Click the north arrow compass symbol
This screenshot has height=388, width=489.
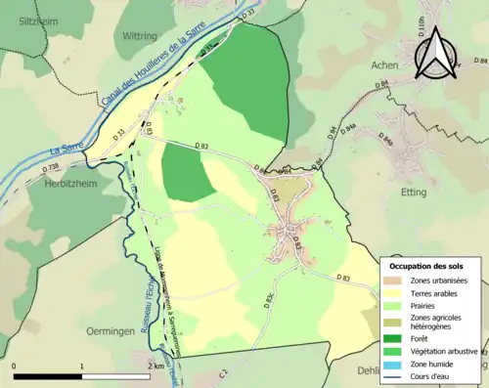point(436,51)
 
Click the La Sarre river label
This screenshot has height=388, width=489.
point(58,150)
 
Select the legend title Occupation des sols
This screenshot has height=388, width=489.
point(426,266)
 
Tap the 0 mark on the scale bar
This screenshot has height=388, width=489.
point(14,366)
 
